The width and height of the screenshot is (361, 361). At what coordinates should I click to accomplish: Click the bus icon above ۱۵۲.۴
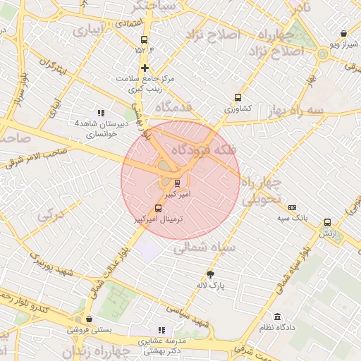tap(145, 39)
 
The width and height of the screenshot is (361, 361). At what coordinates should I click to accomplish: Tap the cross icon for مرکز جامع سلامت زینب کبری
tap(145, 68)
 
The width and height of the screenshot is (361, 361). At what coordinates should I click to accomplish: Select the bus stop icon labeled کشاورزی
tap(238, 98)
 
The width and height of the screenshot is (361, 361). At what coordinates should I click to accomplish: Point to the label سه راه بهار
tap(295, 111)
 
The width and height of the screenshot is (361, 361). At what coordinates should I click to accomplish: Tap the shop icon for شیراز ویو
tap(343, 33)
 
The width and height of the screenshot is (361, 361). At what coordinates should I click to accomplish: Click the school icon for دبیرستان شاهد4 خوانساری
tap(101, 112)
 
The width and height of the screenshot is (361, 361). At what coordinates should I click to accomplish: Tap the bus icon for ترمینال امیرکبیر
tap(157, 208)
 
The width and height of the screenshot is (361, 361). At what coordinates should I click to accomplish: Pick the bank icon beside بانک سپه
tap(292, 207)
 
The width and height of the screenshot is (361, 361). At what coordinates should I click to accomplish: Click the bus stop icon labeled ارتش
tap(326, 221)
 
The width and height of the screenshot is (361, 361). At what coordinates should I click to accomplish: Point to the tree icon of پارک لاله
tap(209, 274)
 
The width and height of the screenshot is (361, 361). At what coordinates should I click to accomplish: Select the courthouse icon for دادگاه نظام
tap(277, 317)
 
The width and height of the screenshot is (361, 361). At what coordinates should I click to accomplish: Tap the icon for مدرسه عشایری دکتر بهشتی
tap(161, 329)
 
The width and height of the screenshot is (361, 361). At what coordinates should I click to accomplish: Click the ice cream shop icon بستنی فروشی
tap(88, 319)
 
